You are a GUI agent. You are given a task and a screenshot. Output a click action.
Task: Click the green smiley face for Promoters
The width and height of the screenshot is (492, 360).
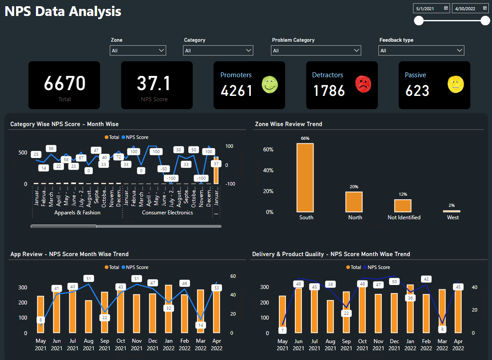[269, 85]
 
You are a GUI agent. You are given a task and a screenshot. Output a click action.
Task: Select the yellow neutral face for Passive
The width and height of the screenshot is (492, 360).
[456, 84]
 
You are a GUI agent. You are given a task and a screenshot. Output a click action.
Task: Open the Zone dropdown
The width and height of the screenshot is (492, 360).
[138, 51]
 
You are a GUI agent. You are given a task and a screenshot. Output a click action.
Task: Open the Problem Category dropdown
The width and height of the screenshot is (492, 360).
[316, 51]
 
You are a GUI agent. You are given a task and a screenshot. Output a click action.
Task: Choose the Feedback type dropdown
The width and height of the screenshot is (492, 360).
[421, 51]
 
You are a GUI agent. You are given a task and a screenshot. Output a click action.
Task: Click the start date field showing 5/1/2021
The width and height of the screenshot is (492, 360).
[431, 8]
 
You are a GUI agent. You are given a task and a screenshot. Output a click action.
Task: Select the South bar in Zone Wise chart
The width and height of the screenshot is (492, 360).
[305, 178]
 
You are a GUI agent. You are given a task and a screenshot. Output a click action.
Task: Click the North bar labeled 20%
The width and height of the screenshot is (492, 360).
[354, 202]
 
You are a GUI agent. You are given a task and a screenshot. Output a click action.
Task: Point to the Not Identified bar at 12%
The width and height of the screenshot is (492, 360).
[403, 206]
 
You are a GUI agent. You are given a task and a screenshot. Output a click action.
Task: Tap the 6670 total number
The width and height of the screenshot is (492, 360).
[64, 83]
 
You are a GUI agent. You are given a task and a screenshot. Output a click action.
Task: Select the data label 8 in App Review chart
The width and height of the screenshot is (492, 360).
[41, 320]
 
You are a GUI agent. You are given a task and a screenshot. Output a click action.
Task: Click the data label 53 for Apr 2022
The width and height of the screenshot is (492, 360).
[216, 288]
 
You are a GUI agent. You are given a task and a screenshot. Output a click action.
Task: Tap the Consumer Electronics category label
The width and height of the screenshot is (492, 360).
[167, 213]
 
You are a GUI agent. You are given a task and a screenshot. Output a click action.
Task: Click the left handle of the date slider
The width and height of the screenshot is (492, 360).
[419, 21]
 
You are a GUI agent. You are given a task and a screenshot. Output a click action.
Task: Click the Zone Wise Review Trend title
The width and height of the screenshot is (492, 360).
[289, 124]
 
